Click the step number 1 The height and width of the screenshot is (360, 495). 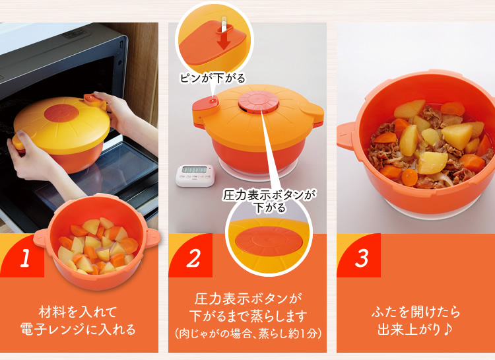[26, 258]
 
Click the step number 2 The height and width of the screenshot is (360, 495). [193, 258]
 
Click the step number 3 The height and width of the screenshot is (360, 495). [362, 258]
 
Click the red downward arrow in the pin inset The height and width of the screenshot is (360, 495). [224, 38]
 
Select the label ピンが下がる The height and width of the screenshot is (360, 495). [213, 78]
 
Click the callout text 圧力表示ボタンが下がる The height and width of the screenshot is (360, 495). [269, 201]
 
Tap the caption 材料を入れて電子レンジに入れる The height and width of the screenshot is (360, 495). [78, 320]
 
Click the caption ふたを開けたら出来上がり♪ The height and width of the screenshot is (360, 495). [416, 320]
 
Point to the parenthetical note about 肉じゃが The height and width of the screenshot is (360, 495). [247, 334]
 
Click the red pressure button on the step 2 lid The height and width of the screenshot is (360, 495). [259, 102]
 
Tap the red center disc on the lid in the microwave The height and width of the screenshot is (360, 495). [61, 113]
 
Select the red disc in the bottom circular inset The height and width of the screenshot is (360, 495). [269, 241]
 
